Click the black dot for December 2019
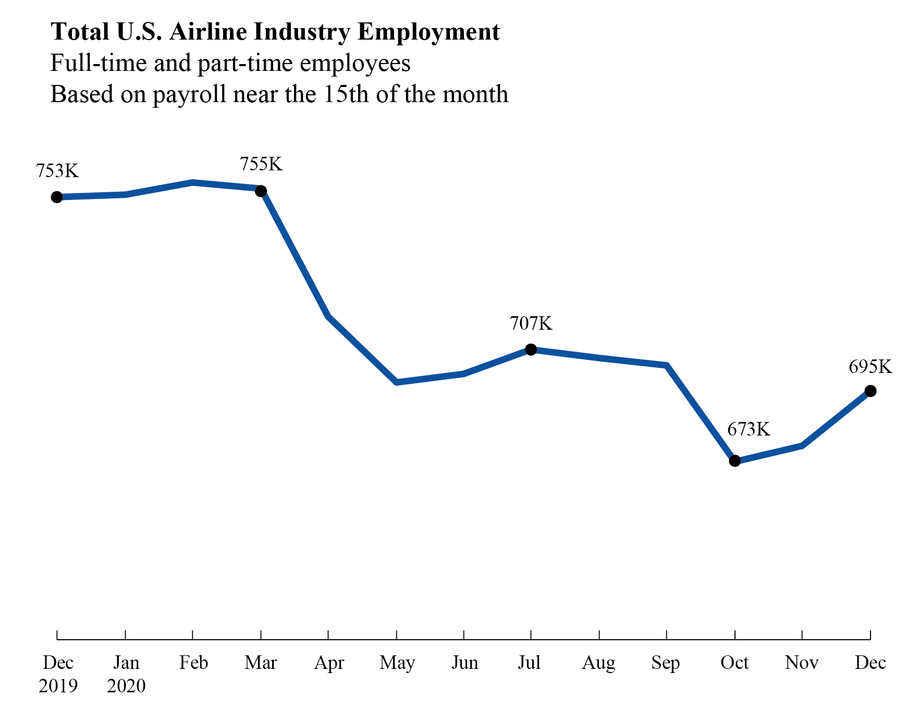(x=57, y=197)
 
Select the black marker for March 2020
(x=261, y=191)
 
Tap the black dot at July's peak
(x=531, y=350)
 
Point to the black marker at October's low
(x=734, y=461)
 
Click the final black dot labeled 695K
(x=870, y=391)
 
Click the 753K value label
(x=57, y=171)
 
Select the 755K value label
(x=261, y=164)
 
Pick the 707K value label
(x=531, y=324)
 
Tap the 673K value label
(x=748, y=429)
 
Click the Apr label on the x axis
(x=329, y=663)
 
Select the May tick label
(x=397, y=663)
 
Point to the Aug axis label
(x=598, y=663)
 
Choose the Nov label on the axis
(x=801, y=663)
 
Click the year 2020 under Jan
(x=126, y=686)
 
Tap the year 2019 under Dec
(x=58, y=686)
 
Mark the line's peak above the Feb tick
(x=193, y=183)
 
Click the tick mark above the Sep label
(x=667, y=635)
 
